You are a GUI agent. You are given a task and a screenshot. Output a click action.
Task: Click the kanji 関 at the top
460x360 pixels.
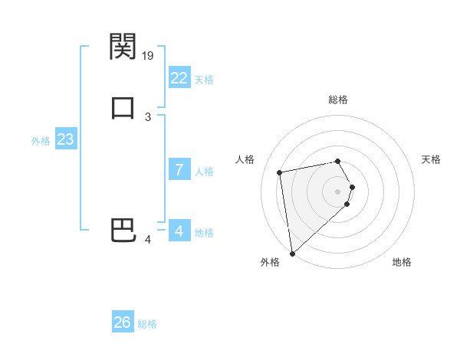(123, 47)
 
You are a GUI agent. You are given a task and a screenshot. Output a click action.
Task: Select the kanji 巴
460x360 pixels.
(123, 231)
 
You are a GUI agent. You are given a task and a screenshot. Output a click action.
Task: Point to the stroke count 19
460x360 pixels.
(148, 55)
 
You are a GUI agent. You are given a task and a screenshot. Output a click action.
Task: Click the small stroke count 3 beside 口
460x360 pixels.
(148, 117)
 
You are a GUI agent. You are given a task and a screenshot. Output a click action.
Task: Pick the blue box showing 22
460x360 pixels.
(179, 77)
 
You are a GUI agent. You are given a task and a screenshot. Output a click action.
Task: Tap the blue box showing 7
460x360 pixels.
(179, 170)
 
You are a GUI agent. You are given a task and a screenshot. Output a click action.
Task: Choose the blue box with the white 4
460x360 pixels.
(179, 231)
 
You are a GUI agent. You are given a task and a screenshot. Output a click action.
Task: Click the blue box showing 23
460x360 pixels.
(65, 139)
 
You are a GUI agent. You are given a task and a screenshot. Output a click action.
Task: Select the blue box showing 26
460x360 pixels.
(123, 322)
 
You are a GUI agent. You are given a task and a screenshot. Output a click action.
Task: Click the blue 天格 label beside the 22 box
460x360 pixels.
(204, 79)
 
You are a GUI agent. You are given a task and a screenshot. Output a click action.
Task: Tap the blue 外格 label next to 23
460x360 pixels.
(41, 141)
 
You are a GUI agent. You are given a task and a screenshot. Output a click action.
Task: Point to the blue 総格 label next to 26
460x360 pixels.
(147, 324)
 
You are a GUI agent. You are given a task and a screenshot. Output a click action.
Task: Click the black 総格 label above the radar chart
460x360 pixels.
(338, 100)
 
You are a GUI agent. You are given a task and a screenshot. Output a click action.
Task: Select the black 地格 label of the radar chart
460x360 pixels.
(402, 262)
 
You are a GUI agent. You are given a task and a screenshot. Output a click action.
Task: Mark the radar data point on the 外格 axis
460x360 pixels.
(291, 253)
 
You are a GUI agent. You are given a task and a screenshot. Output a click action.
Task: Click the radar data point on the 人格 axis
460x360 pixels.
(280, 172)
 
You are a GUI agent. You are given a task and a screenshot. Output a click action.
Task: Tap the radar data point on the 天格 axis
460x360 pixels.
(352, 187)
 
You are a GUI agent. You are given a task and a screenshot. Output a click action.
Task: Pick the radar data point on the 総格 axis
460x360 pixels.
(338, 162)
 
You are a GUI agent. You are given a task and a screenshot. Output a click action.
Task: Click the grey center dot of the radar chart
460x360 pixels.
(338, 191)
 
